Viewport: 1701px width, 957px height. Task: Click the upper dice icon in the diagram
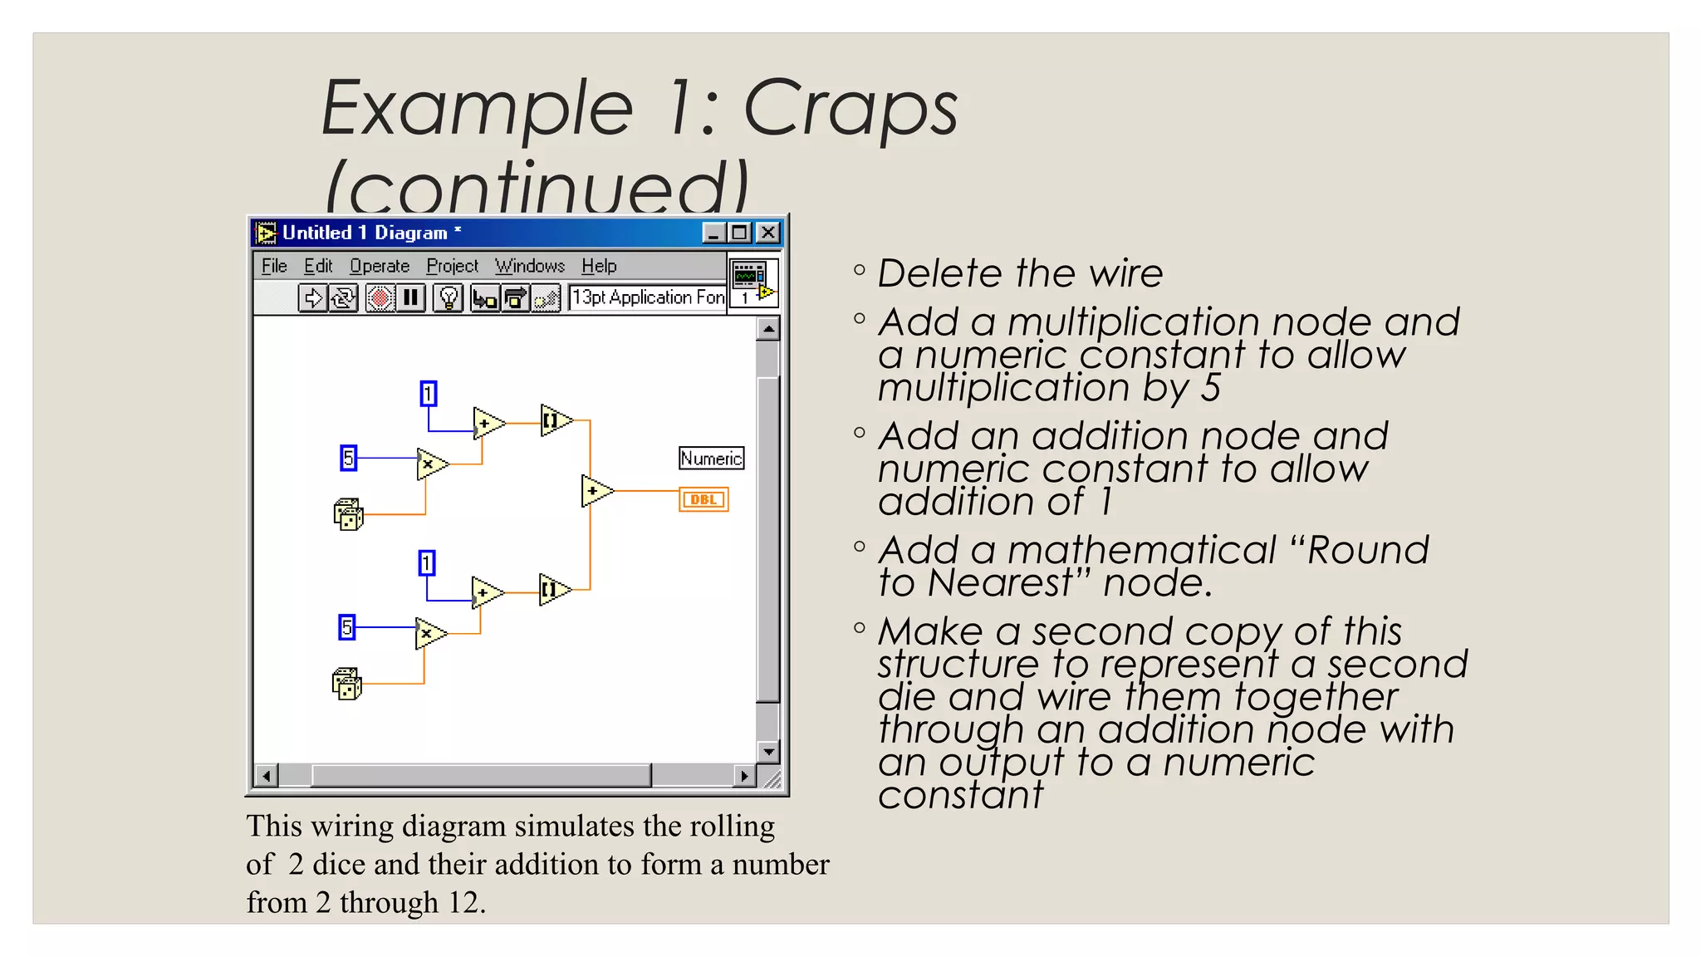pyautogui.click(x=348, y=514)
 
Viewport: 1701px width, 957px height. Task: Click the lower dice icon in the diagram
pyautogui.click(x=346, y=684)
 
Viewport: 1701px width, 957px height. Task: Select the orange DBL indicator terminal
pyautogui.click(x=703, y=499)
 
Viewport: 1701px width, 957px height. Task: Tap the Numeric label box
pyautogui.click(x=711, y=459)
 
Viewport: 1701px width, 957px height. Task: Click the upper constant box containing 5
pyautogui.click(x=349, y=458)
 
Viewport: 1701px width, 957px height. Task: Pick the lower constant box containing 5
pyautogui.click(x=347, y=627)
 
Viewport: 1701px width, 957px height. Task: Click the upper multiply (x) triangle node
pyautogui.click(x=430, y=464)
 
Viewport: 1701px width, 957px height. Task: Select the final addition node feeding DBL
pyautogui.click(x=596, y=492)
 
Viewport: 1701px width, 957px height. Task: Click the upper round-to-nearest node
pyautogui.click(x=554, y=421)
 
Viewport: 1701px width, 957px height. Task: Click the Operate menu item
pyautogui.click(x=380, y=266)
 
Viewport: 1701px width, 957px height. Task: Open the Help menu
pyautogui.click(x=599, y=266)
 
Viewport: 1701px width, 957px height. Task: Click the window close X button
pyautogui.click(x=768, y=233)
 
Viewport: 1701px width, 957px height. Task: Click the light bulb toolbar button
pyautogui.click(x=449, y=297)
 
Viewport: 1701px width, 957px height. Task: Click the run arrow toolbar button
pyautogui.click(x=312, y=297)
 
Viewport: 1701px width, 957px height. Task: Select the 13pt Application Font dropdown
pyautogui.click(x=647, y=297)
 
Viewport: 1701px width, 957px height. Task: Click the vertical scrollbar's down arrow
pyautogui.click(x=768, y=751)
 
